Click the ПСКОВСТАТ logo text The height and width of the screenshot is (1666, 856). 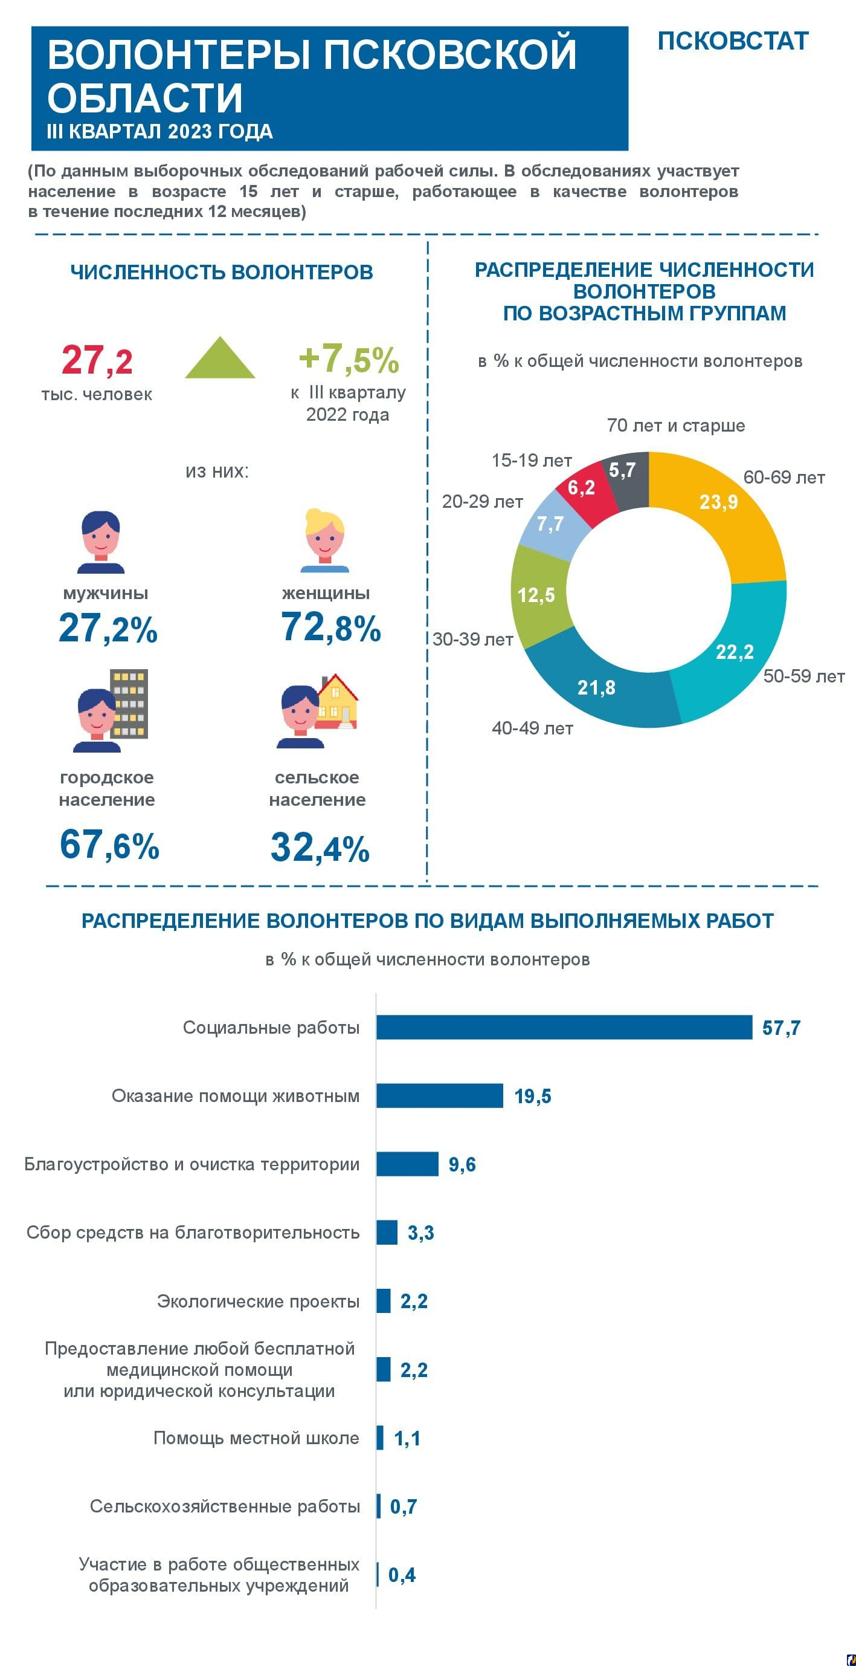click(x=733, y=41)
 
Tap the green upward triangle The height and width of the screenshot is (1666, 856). click(x=220, y=360)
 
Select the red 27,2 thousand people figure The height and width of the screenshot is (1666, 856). click(x=97, y=360)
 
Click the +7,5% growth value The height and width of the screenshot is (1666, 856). click(x=349, y=359)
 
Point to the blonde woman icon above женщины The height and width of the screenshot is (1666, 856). click(x=324, y=540)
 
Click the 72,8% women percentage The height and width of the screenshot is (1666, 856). click(x=330, y=627)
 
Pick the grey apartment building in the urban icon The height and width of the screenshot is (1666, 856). click(x=129, y=703)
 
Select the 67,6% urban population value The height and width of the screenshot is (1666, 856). click(x=109, y=844)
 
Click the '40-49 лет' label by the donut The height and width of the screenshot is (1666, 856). click(x=532, y=728)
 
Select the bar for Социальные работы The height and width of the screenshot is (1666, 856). click(x=564, y=1027)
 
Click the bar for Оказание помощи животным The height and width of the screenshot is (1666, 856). click(x=440, y=1095)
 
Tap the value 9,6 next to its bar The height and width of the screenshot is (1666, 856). click(x=462, y=1164)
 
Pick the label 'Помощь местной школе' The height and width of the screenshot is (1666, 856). click(x=256, y=1437)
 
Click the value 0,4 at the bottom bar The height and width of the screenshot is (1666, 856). click(x=402, y=1575)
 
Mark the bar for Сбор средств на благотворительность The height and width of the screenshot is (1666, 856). click(x=387, y=1233)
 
